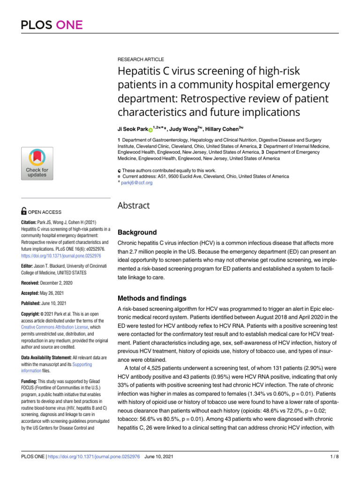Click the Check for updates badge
(x=37, y=163)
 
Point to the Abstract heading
(x=134, y=205)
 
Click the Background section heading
(x=137, y=232)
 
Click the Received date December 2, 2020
(x=61, y=283)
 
